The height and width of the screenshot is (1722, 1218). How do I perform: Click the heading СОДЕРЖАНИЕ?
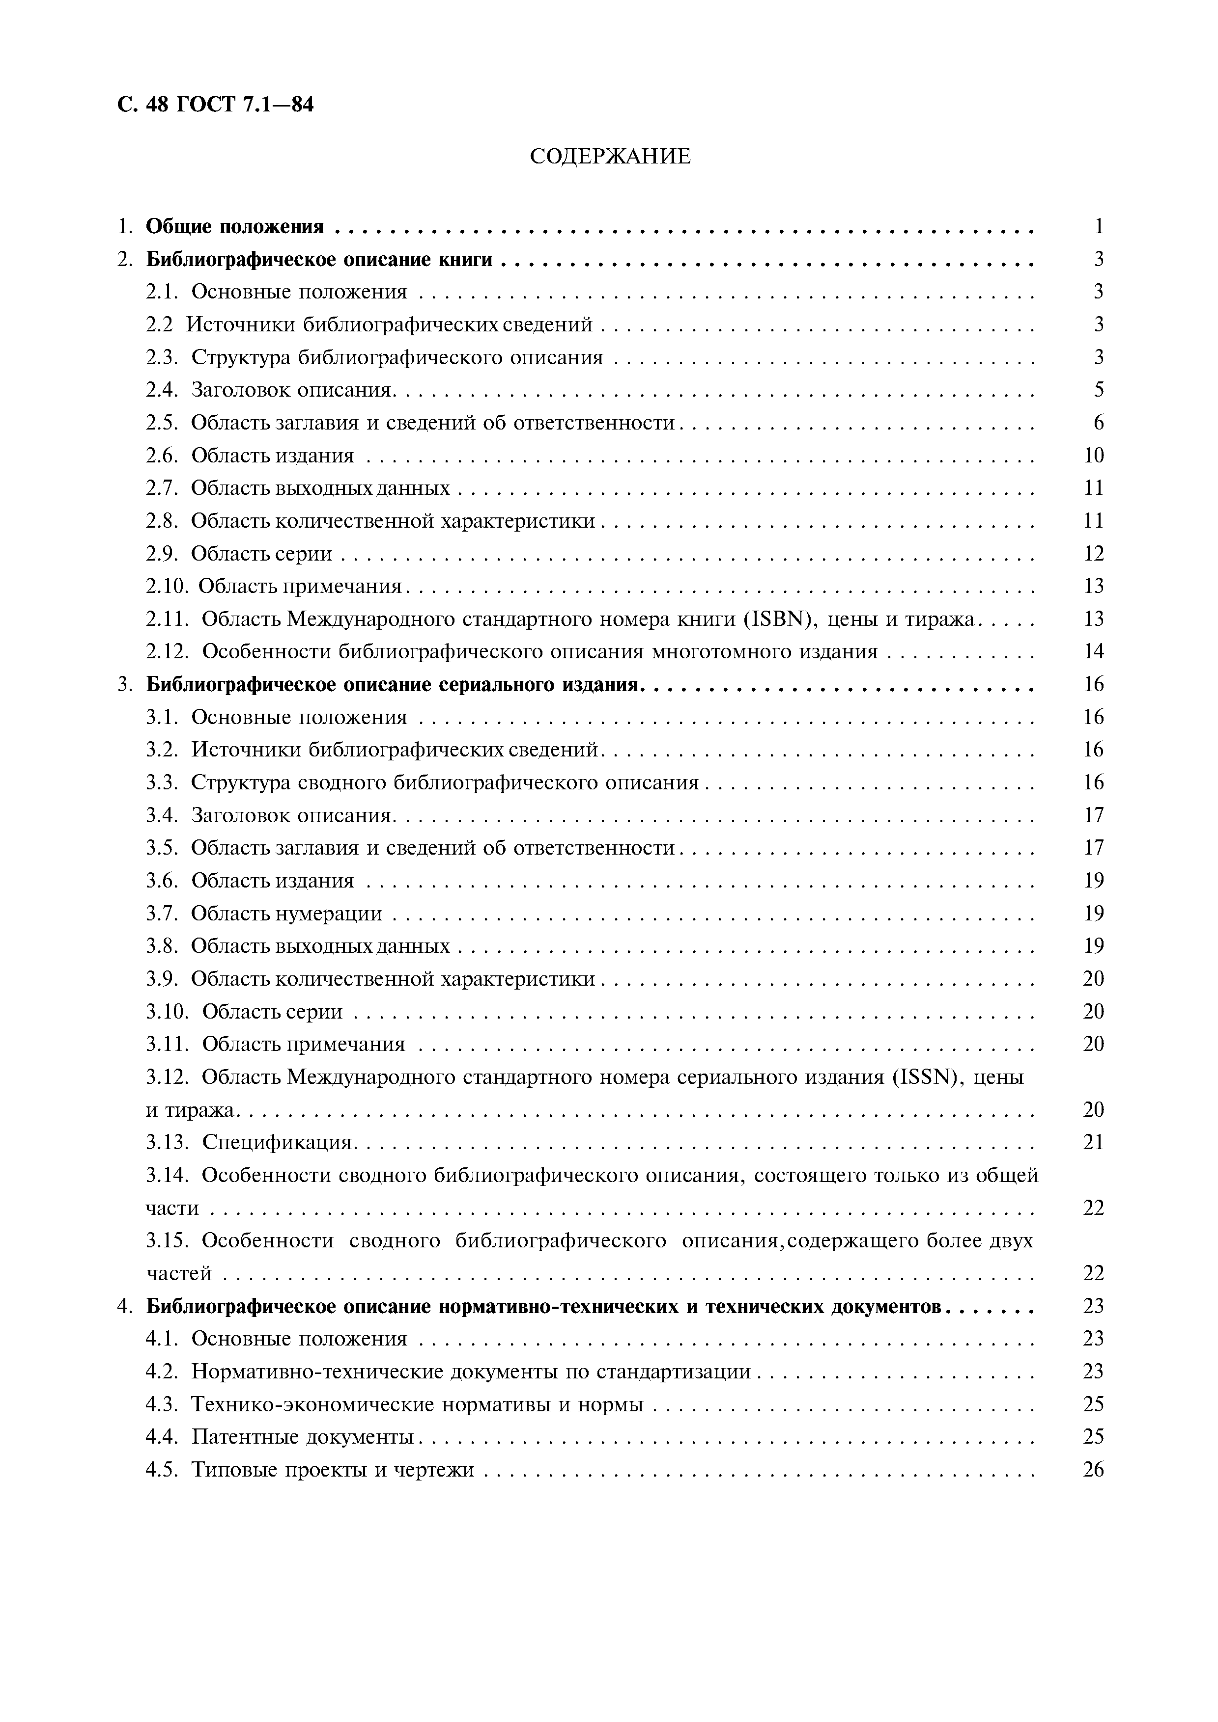[609, 157]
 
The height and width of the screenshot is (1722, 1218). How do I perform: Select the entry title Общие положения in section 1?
[235, 226]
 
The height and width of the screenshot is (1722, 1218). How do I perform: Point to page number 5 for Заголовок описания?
[1099, 390]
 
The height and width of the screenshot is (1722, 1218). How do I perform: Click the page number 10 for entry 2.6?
[1093, 455]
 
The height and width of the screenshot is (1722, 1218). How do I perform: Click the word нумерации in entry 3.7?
[335, 914]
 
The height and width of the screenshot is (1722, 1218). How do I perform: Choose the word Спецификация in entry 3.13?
[277, 1143]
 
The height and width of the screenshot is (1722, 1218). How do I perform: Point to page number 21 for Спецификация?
[1093, 1143]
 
